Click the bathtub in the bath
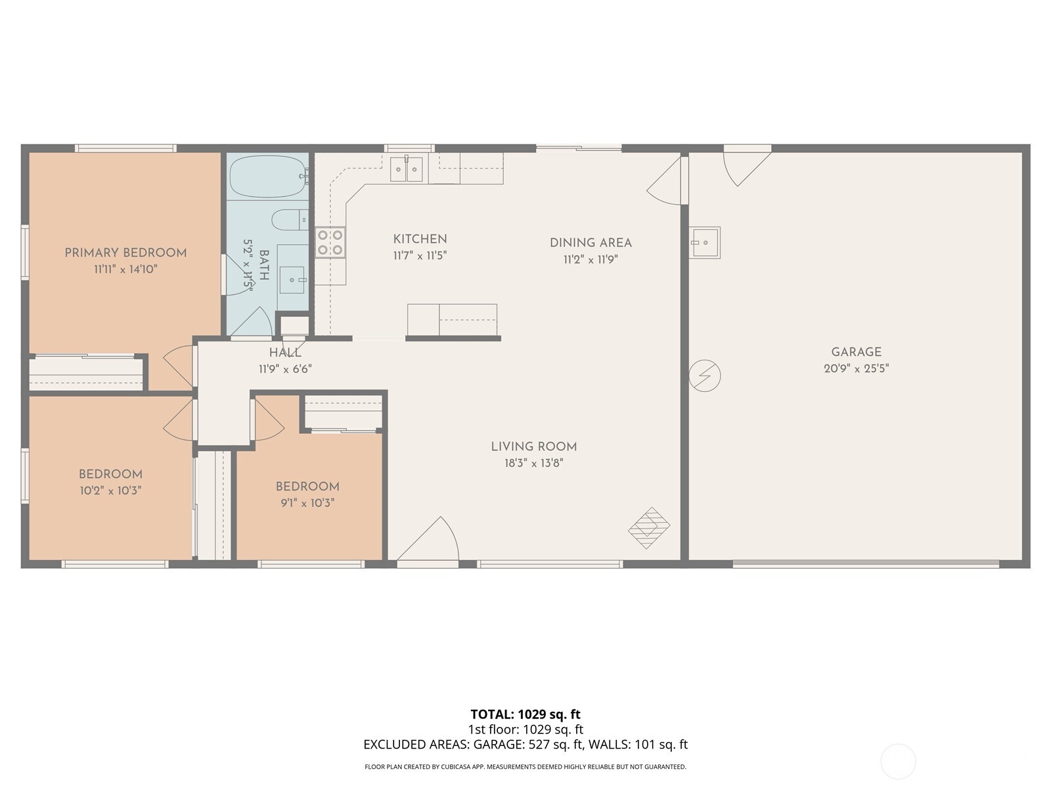coord(268,175)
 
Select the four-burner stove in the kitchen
coord(330,242)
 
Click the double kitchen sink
coord(406,169)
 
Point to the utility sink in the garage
coord(704,242)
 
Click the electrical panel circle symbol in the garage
coord(704,376)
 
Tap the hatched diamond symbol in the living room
coord(649,527)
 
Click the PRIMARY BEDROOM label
coord(125,253)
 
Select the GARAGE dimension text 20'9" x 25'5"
coord(856,369)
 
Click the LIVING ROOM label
coord(533,447)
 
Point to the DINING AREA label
coord(591,242)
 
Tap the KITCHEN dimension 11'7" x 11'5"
coord(420,255)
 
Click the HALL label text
coord(285,353)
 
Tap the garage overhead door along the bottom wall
coord(866,563)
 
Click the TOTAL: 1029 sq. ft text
coord(525,714)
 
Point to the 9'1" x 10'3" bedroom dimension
coord(307,503)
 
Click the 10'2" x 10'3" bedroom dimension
coord(110,491)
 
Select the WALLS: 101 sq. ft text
coord(638,745)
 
